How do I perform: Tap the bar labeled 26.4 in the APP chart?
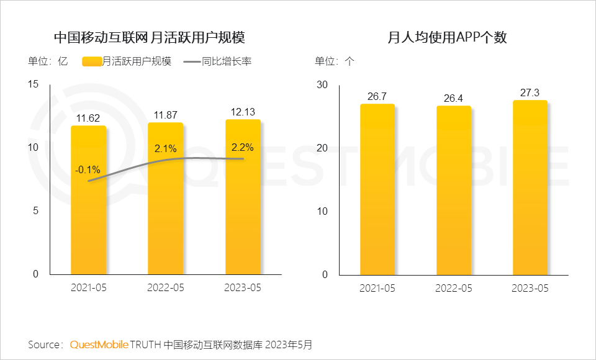453,192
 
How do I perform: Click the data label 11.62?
88,117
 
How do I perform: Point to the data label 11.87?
166,115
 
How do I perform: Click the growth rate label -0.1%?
88,170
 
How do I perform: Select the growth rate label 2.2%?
242,148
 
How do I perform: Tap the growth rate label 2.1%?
166,149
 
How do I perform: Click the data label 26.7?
377,96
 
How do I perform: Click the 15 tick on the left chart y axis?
34,84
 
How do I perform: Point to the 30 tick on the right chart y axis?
322,84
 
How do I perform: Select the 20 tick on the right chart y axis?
322,148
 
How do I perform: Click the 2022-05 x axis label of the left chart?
166,288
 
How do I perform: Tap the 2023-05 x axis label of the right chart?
530,288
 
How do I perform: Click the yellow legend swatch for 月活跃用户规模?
91,61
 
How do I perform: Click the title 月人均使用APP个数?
447,37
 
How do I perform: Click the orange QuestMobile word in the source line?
99,344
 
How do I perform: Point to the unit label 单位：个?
335,61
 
